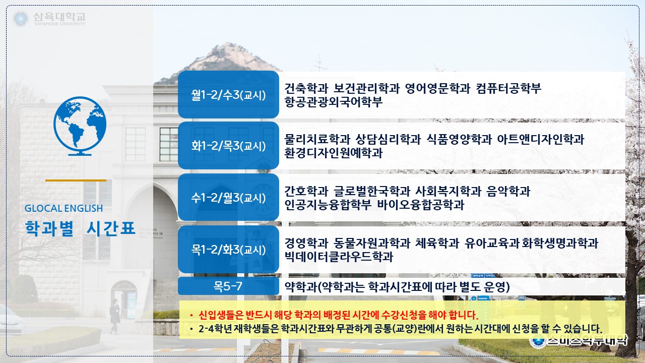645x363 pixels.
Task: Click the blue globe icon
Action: [80, 126]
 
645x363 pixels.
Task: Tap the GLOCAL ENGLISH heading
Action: [63, 208]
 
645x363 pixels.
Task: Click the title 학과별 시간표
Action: [80, 229]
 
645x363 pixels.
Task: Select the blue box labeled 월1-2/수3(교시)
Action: [228, 94]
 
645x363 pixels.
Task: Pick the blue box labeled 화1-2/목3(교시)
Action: [228, 146]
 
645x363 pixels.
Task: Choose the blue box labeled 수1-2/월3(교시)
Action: [228, 197]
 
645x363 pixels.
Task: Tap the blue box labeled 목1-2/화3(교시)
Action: [228, 249]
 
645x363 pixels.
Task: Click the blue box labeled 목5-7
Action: [228, 286]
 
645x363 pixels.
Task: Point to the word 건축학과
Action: [306, 88]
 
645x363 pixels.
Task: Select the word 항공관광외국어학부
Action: [334, 102]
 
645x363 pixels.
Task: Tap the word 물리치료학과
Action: [317, 140]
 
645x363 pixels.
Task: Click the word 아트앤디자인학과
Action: [541, 140]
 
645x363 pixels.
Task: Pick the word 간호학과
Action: [306, 191]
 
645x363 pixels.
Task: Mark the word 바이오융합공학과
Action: [421, 205]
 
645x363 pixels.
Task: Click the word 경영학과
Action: [306, 243]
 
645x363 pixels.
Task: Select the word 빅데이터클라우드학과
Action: [339, 257]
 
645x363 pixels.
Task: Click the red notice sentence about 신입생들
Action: [338, 315]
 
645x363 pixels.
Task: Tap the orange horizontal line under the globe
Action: [76, 180]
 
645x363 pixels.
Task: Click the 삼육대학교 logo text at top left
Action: [59, 17]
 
